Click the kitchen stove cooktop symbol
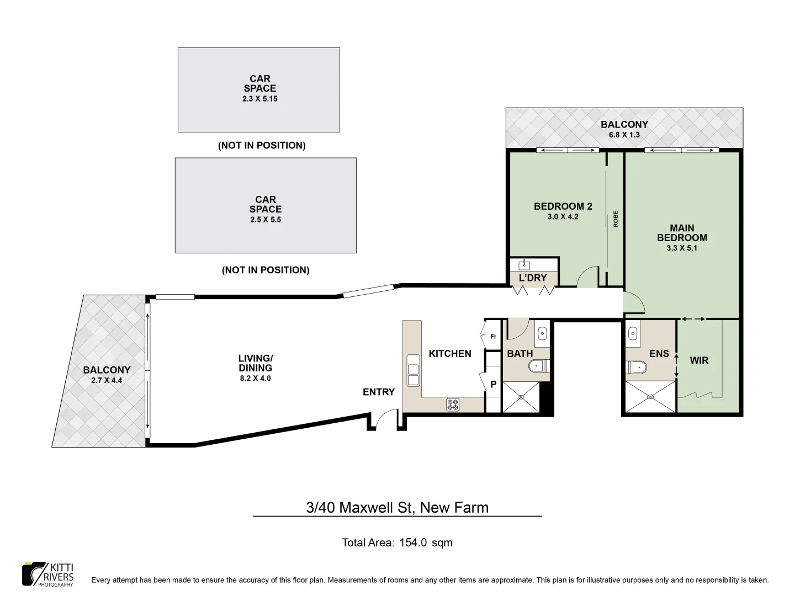tap(453, 405)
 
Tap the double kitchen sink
tap(412, 370)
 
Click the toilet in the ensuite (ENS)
tap(637, 366)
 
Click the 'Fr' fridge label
tap(493, 336)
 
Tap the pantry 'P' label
tap(494, 385)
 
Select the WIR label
tap(699, 360)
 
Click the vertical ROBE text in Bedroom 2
tap(616, 219)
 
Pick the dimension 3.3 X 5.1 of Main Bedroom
tap(682, 248)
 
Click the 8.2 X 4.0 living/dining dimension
tap(255, 379)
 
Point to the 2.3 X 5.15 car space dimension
tap(259, 99)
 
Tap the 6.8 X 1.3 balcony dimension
tap(624, 135)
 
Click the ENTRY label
tap(379, 392)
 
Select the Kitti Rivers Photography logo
tap(47, 574)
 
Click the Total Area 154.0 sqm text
tap(397, 542)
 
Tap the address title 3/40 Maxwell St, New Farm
tap(397, 507)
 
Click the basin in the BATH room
tap(542, 333)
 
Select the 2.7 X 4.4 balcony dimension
tap(107, 380)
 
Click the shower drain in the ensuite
tap(649, 396)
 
